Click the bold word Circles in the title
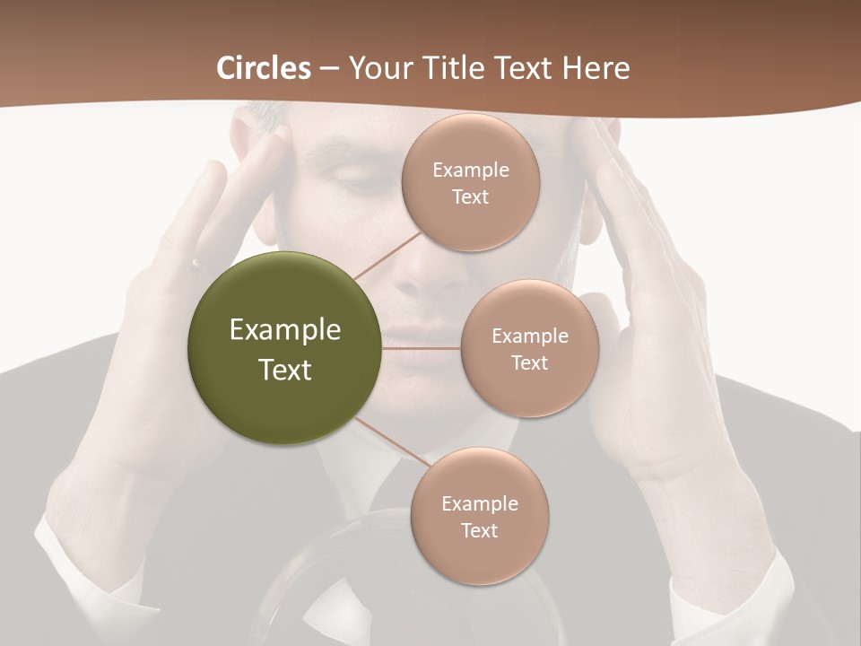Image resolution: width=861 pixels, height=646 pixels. pyautogui.click(x=263, y=68)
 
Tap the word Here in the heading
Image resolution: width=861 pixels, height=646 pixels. pyautogui.click(x=596, y=68)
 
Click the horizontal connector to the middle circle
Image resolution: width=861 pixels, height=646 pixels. pyautogui.click(x=422, y=348)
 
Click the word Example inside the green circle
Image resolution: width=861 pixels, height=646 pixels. pyautogui.click(x=285, y=330)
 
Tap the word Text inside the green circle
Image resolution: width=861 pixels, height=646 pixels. pyautogui.click(x=285, y=370)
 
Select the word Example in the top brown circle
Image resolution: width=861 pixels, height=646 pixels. pyautogui.click(x=471, y=170)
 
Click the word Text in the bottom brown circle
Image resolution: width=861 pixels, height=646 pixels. pyautogui.click(x=479, y=530)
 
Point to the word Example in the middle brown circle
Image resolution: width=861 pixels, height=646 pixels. pyautogui.click(x=530, y=336)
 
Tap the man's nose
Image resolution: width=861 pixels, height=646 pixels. pyautogui.click(x=418, y=269)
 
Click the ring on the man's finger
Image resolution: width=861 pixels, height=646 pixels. pyautogui.click(x=195, y=264)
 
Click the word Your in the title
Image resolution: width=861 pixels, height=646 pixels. pyautogui.click(x=378, y=68)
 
